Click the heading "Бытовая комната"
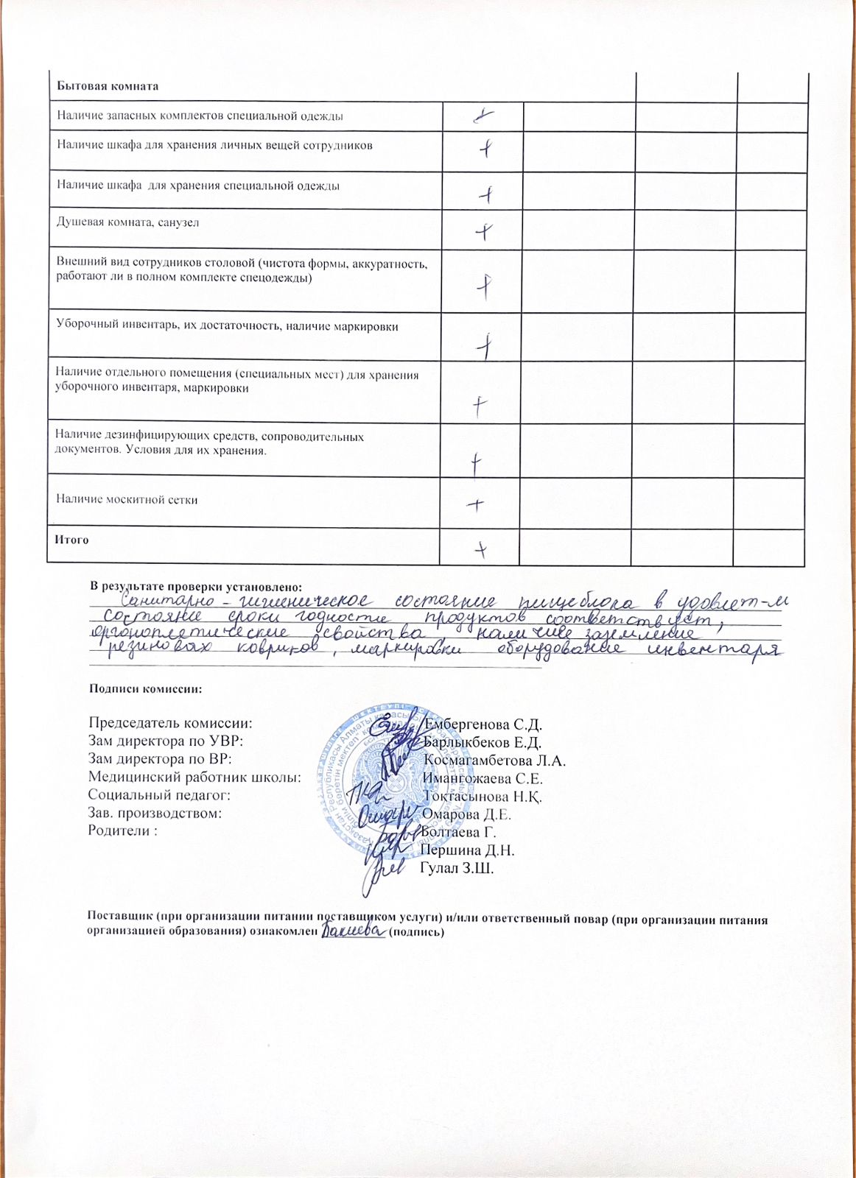[108, 85]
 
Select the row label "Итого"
[71, 540]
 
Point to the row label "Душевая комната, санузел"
[128, 222]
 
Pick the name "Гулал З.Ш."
[457, 868]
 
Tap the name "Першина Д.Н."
[467, 850]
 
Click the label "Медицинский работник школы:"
[194, 777]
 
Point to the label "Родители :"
[123, 830]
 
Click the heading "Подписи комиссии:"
[145, 689]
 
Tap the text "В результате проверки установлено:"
[196, 586]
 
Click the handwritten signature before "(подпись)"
[354, 932]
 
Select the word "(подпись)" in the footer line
[416, 933]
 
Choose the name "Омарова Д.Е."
[467, 814]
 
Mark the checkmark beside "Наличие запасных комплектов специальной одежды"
[483, 116]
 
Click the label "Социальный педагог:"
[159, 795]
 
